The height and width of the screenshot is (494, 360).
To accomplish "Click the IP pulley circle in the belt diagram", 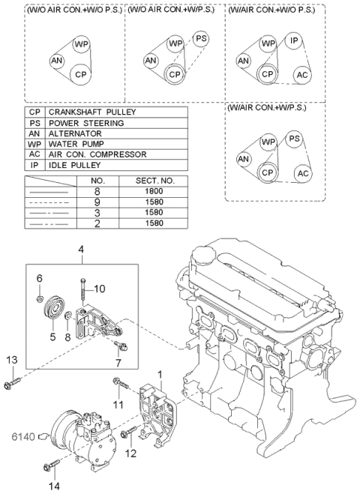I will click(295, 40).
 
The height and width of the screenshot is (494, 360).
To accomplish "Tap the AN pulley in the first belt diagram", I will click(57, 61).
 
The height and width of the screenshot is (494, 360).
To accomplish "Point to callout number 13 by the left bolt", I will click(10, 360).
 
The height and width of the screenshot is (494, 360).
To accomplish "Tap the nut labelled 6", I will click(39, 300).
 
